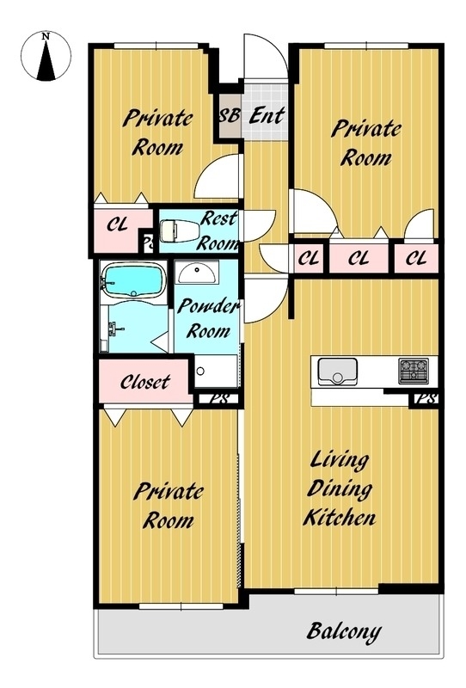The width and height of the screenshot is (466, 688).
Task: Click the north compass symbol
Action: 46,56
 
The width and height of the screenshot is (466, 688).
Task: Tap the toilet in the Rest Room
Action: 180,230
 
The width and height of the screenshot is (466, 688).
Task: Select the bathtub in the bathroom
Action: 133,281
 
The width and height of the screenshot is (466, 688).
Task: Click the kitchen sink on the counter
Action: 337,372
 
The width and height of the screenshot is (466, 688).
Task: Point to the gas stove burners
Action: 414,372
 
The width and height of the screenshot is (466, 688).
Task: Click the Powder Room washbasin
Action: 197,273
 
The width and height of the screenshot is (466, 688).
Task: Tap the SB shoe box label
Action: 230,115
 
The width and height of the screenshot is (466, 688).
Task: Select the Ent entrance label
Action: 267,115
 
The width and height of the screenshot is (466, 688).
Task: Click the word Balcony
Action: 344,632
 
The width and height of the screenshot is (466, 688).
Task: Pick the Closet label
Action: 144,382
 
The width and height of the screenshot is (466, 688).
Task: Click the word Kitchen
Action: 340,518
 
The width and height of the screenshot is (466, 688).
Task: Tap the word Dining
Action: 340,488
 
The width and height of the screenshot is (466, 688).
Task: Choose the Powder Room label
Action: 207,318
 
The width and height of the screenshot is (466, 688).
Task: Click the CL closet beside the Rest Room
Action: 118,225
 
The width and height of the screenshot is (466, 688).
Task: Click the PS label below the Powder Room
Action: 219,399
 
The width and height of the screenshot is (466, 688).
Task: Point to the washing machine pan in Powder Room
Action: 216,372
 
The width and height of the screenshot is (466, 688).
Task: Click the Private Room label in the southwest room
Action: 169,506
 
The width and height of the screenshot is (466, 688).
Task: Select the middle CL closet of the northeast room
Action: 359,259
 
